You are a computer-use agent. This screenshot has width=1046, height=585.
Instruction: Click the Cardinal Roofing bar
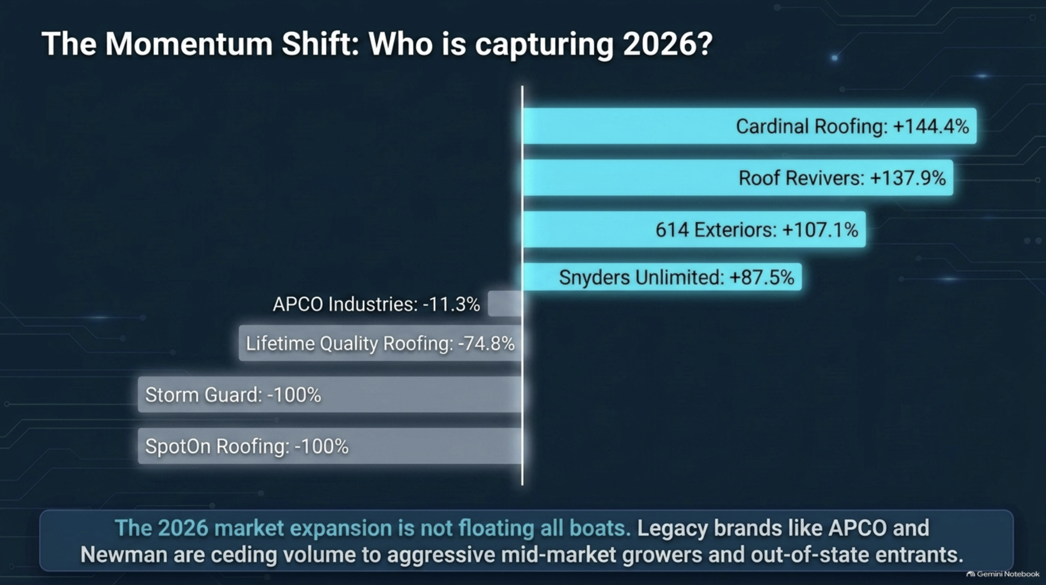click(749, 126)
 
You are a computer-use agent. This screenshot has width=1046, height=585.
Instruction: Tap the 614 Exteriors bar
click(694, 230)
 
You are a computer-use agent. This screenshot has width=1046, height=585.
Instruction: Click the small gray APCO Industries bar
click(505, 304)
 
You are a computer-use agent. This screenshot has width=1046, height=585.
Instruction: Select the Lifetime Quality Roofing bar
click(380, 343)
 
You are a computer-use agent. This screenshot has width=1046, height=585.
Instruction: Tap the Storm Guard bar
click(330, 395)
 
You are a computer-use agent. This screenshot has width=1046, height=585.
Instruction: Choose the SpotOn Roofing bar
click(330, 446)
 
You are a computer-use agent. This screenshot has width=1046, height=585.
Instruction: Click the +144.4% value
click(931, 126)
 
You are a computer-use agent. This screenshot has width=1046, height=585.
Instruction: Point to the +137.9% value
click(908, 178)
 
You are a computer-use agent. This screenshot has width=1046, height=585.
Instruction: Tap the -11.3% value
click(451, 304)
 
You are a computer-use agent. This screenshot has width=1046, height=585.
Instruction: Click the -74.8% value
click(486, 343)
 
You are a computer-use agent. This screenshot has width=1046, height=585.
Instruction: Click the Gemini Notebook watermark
click(1003, 574)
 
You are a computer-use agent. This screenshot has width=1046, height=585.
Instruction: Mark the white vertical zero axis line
click(522, 286)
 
